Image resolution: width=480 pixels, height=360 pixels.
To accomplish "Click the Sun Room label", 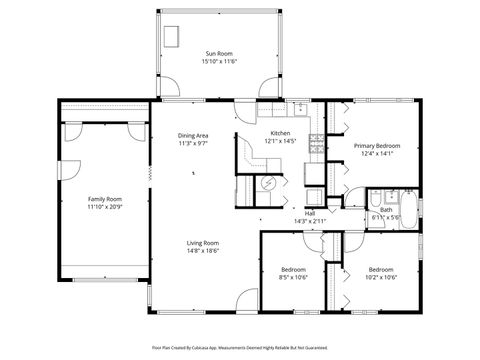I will [x=219, y=53].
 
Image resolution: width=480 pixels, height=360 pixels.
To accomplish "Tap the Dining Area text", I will [x=193, y=135].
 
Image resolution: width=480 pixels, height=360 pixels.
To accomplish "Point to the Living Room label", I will [x=203, y=243].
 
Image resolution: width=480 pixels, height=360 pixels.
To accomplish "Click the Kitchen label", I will [x=281, y=134].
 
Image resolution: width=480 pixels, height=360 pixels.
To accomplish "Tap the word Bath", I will [x=385, y=209].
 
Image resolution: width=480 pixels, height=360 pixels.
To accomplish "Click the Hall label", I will [x=310, y=213].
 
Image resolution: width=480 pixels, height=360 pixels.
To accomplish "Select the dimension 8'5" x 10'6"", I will [x=293, y=277].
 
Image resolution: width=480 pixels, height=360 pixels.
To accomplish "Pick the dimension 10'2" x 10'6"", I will [x=381, y=277].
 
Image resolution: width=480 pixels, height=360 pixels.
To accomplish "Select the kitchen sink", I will [x=300, y=108].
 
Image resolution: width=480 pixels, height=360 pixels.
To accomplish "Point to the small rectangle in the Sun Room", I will [x=172, y=35].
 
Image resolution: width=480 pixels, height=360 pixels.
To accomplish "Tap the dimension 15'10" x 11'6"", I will [x=219, y=62].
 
